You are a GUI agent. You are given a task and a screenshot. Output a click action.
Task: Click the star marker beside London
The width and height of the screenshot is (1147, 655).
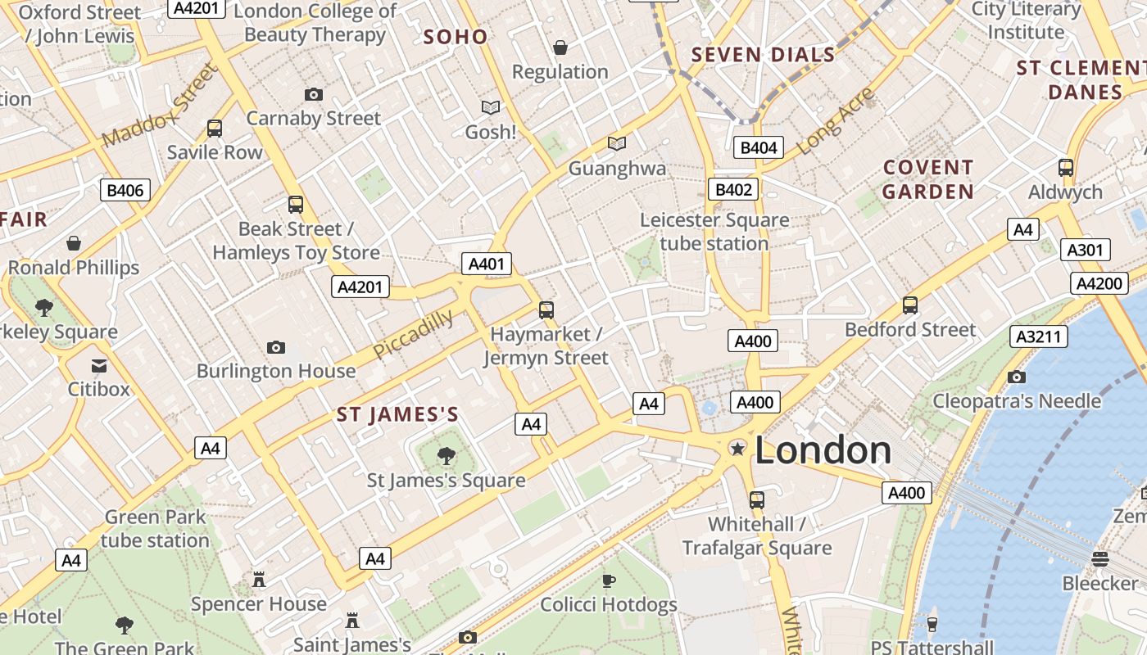[737, 448]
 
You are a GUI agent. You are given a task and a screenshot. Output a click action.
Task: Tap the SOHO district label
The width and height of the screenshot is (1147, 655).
[456, 37]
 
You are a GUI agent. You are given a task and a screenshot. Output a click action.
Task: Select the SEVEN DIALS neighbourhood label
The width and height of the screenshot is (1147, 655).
[763, 56]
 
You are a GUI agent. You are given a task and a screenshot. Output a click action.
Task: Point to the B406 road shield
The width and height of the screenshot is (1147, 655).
[125, 191]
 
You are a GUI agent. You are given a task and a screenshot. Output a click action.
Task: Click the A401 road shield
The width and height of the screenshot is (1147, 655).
[487, 264]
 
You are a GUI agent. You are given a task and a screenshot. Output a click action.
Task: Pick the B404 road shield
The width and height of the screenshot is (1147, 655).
[758, 147]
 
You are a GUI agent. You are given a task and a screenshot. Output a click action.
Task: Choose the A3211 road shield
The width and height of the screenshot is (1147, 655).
[1038, 337]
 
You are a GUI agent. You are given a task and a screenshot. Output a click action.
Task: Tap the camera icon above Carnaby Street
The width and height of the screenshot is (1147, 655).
[313, 95]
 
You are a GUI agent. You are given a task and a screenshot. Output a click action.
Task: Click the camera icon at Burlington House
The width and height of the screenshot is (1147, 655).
[276, 348]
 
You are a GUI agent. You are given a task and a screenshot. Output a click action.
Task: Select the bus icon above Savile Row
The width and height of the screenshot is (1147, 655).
[215, 129]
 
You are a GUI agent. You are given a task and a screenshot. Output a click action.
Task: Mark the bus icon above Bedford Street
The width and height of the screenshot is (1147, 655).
[909, 305]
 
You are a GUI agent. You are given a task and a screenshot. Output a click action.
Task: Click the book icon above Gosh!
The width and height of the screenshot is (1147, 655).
[491, 107]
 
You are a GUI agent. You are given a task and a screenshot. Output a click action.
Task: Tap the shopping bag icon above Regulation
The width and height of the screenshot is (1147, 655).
[560, 48]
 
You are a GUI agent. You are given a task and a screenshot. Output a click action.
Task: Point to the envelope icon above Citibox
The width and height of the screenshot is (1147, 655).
[99, 365]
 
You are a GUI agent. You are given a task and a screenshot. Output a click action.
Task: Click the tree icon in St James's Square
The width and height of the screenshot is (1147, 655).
[447, 456]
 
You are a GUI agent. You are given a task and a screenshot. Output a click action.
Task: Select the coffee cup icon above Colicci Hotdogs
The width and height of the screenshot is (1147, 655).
[608, 581]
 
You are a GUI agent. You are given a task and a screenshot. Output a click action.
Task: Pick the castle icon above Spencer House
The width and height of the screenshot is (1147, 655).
[259, 580]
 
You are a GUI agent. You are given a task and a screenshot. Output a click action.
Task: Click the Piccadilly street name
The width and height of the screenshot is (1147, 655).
[413, 333]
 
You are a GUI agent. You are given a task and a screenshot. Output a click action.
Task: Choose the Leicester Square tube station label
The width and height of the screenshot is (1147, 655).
[714, 232]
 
